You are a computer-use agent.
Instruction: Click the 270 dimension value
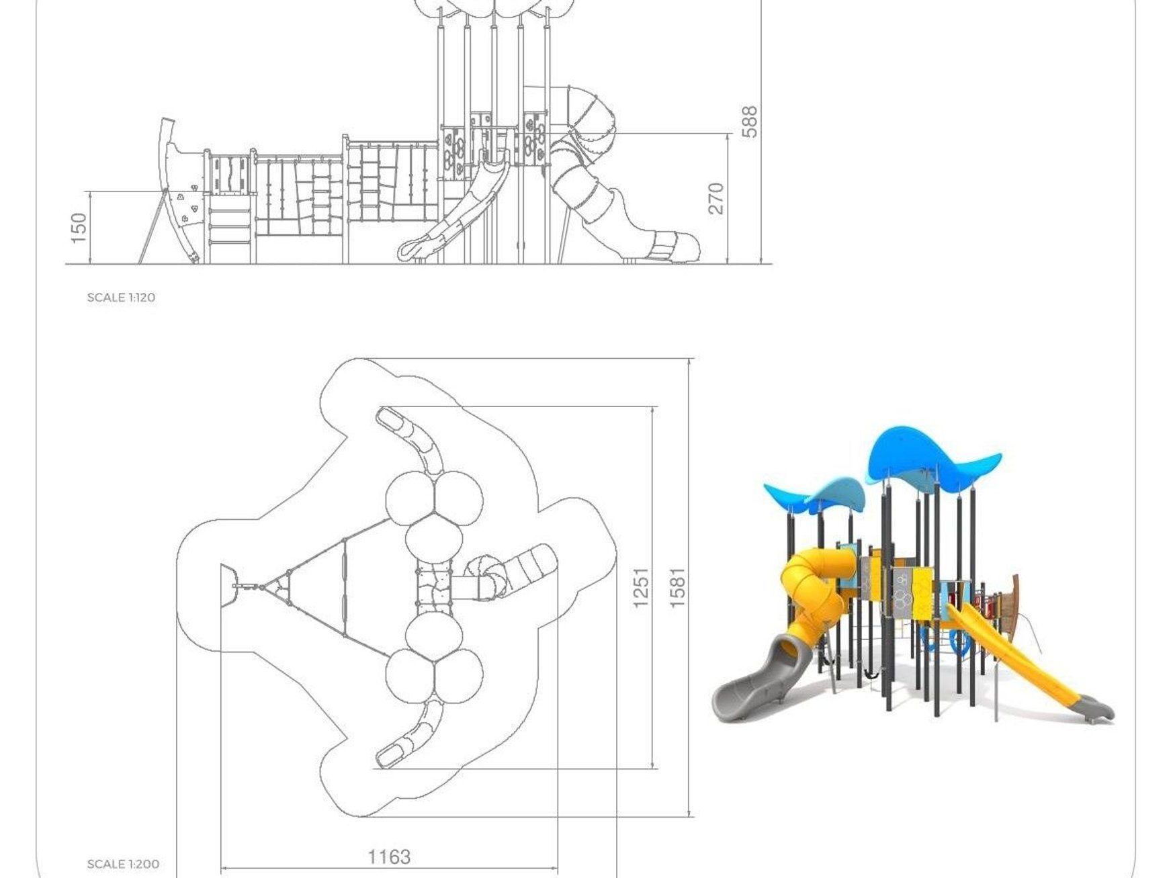tap(716, 198)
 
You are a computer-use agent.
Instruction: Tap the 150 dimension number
tap(79, 228)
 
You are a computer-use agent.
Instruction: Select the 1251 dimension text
tap(641, 587)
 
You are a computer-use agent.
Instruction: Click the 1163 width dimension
tap(389, 857)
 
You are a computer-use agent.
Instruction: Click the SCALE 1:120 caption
tap(121, 297)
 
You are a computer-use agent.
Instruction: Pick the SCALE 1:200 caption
tap(123, 864)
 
